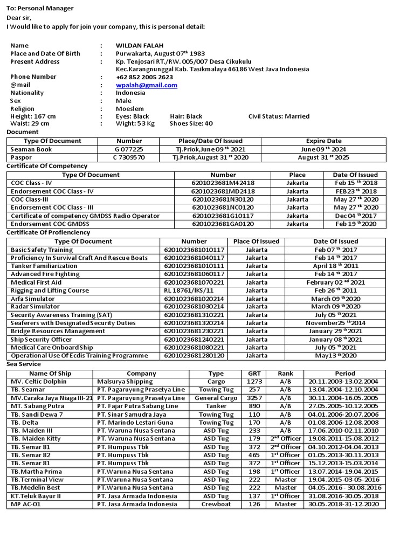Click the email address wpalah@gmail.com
(x=146, y=85)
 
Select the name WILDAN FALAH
(x=139, y=46)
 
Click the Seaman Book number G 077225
(x=129, y=149)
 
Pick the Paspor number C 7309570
(x=129, y=157)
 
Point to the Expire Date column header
(x=323, y=141)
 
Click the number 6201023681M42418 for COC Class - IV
(x=223, y=183)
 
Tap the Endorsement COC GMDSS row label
(x=50, y=224)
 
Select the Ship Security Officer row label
(x=42, y=340)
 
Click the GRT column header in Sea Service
(x=254, y=373)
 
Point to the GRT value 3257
(x=254, y=398)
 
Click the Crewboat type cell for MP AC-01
(x=216, y=505)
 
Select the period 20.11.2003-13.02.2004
(x=342, y=382)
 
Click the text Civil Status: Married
(x=279, y=116)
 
